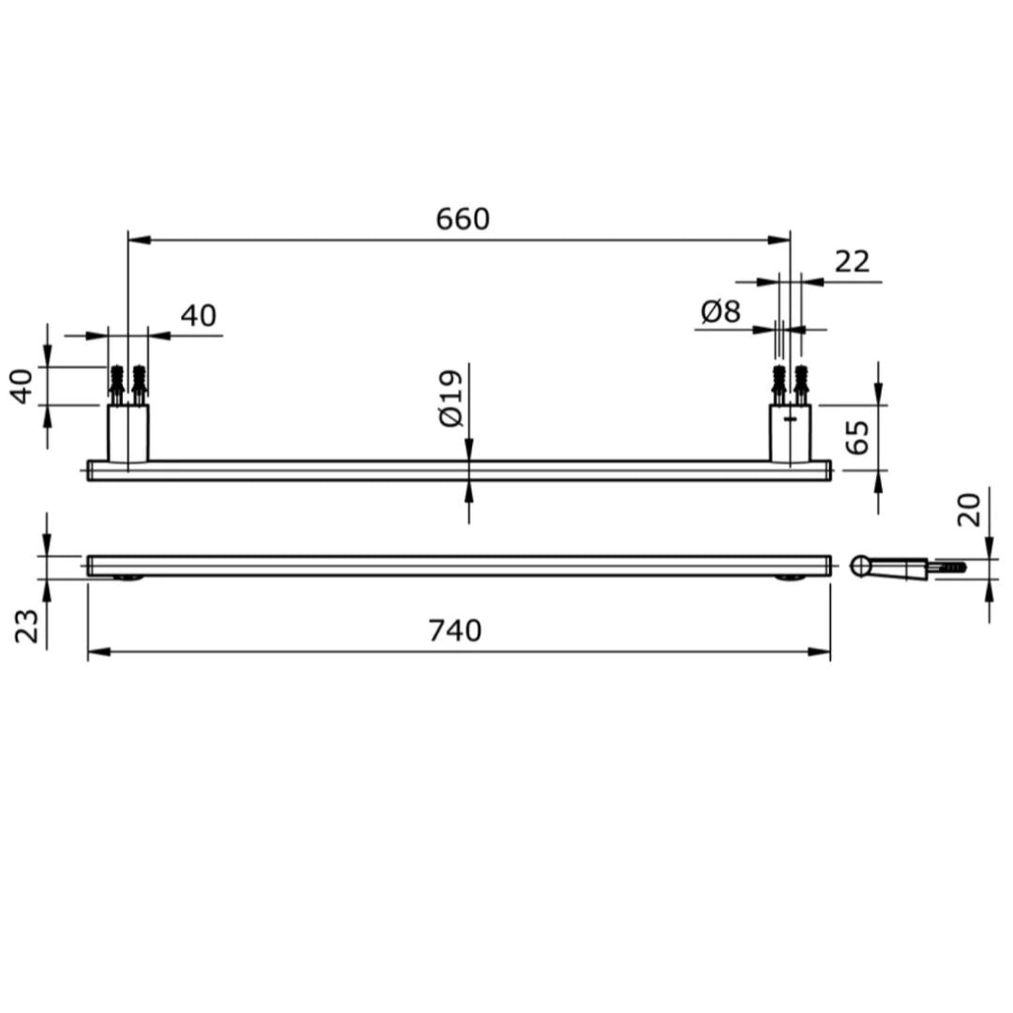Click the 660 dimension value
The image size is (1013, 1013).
tap(462, 219)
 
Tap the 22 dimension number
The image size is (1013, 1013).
tap(852, 262)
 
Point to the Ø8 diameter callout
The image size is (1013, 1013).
tap(720, 311)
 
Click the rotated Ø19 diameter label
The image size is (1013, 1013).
tap(451, 400)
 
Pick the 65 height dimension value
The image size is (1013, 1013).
tap(857, 437)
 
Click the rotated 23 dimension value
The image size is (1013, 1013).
tap(27, 626)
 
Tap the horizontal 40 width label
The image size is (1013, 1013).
tap(198, 316)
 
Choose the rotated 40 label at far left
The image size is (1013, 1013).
tap(23, 386)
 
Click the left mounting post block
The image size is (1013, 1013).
tap(128, 432)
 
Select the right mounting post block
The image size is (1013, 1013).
tap(790, 432)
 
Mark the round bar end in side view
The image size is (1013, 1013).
tap(860, 566)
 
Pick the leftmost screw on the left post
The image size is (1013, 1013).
tap(117, 382)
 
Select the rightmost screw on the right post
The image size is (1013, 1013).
tap(801, 382)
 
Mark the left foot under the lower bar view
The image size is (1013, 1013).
tap(129, 578)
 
